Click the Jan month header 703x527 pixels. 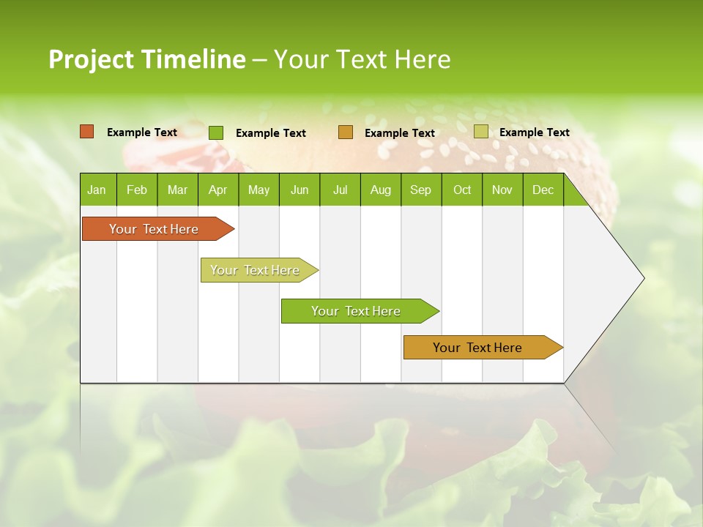pos(97,190)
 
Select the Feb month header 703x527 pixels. pos(137,190)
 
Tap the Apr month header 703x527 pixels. pos(217,190)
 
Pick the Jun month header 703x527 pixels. pos(300,190)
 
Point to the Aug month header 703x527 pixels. pos(380,190)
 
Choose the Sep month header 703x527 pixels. pos(420,190)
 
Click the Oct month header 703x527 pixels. pos(462,190)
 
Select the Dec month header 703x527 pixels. pos(543,190)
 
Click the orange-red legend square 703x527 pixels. pos(87,132)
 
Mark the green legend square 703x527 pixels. pos(216,132)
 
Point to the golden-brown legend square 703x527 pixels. pos(346,132)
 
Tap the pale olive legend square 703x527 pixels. pos(481,132)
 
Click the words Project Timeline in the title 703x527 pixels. pos(146,59)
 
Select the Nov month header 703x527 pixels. pos(502,190)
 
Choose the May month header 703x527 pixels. pos(258,190)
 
